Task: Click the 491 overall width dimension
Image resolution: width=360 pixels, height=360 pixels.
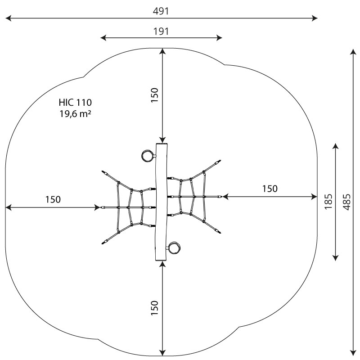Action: tap(161, 11)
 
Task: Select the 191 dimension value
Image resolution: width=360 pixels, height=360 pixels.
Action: tap(161, 31)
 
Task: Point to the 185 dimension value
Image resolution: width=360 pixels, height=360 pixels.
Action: tap(328, 202)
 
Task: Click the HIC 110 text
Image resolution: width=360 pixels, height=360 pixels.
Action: tap(75, 103)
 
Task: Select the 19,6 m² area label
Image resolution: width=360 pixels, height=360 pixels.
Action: tap(75, 114)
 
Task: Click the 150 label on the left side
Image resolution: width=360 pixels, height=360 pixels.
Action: tap(53, 199)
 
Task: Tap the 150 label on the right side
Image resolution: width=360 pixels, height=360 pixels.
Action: tap(270, 189)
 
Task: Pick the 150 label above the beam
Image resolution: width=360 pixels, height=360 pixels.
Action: tap(155, 95)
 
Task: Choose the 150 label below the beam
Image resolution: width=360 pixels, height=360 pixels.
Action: tap(155, 308)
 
